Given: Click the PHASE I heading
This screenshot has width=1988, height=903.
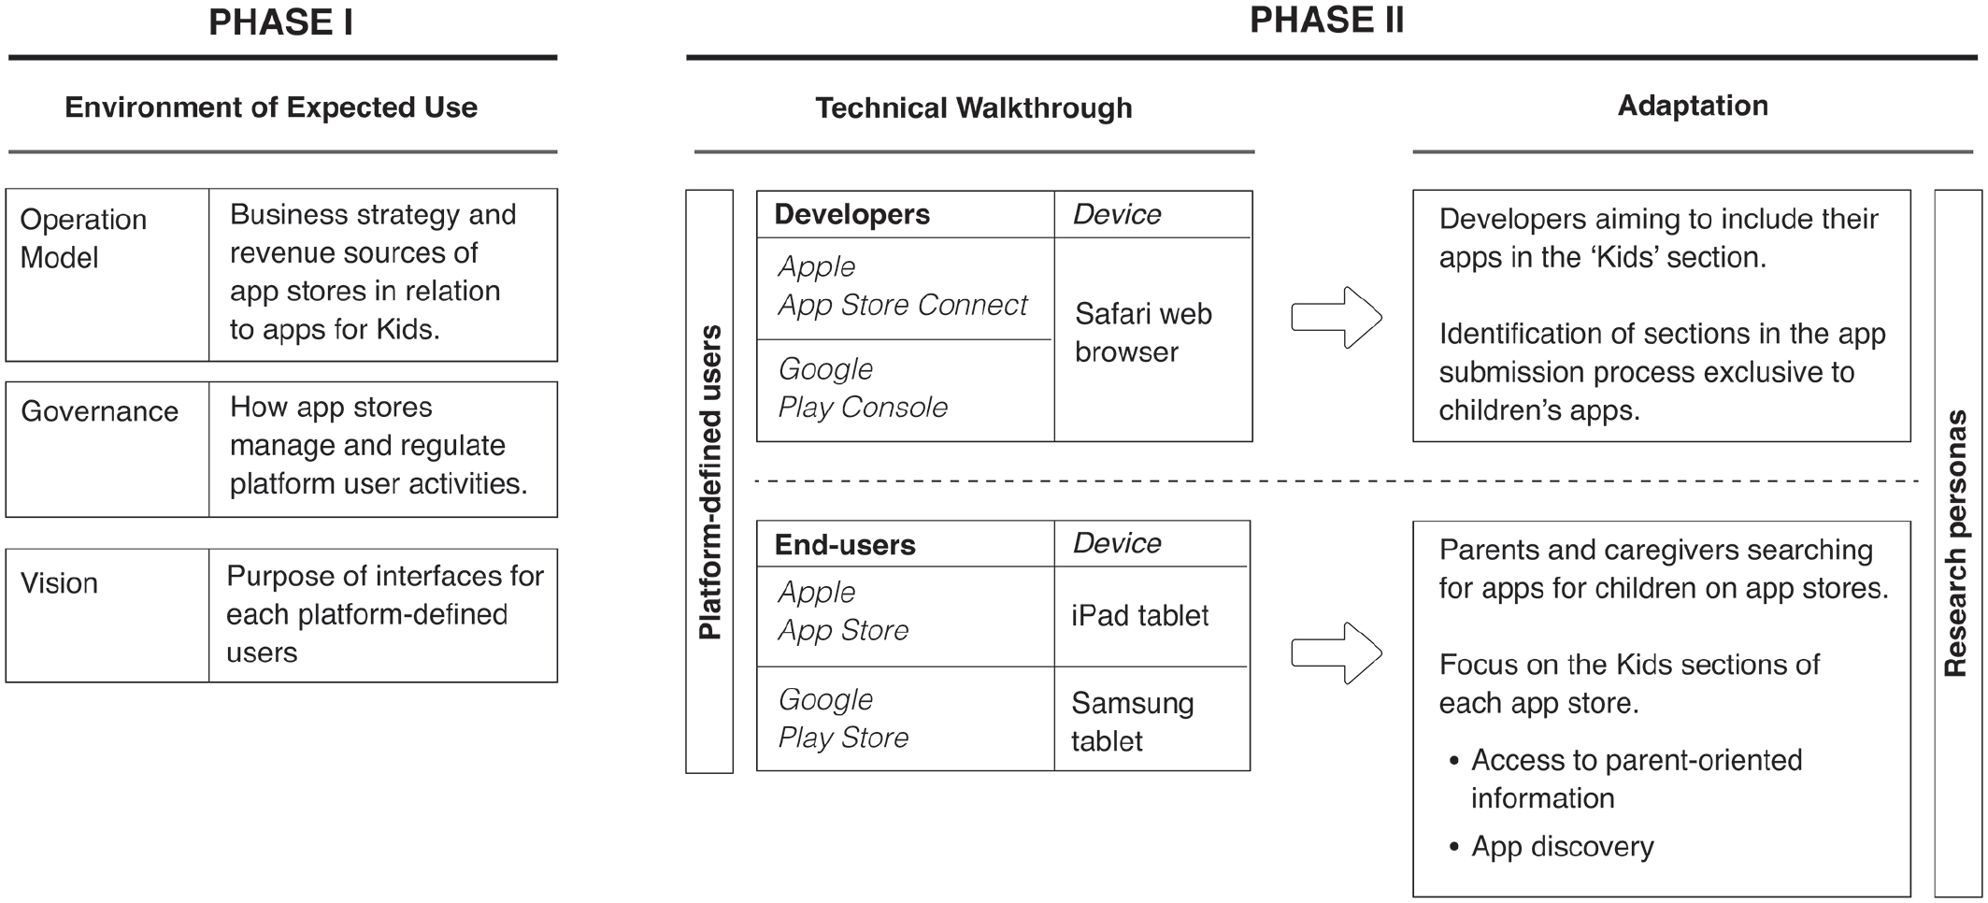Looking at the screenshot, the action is tap(280, 22).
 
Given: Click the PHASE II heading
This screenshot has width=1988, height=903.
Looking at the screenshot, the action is tap(1326, 21).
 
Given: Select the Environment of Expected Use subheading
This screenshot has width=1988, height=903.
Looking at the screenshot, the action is tap(271, 107).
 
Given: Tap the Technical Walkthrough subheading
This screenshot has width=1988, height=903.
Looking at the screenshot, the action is tap(973, 108).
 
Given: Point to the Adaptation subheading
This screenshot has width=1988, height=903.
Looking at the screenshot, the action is tap(1693, 106).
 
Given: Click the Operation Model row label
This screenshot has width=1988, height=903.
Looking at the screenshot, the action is tap(83, 238).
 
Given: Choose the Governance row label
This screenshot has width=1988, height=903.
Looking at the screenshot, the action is tap(99, 411).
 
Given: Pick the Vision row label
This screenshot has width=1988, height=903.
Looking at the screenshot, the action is tap(59, 583).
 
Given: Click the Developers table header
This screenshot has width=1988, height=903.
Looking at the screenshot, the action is tap(851, 214).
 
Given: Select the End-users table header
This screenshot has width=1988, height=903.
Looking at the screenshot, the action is tap(845, 545).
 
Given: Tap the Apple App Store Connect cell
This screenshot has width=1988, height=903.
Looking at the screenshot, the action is tap(902, 286).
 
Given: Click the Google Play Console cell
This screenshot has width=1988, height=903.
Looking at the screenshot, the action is tap(863, 388).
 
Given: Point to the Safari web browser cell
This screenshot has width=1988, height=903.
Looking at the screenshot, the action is tap(1143, 333).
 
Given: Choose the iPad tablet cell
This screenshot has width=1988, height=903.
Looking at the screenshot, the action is tap(1139, 615).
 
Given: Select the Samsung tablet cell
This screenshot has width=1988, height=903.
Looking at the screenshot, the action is tap(1132, 722).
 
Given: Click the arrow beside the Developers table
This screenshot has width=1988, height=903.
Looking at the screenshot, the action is tap(1337, 318).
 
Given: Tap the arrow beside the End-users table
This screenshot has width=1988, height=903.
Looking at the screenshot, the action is tap(1337, 652).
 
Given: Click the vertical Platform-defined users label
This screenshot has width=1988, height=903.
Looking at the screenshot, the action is tap(710, 482).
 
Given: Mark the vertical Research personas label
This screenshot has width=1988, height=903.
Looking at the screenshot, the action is tap(1955, 543).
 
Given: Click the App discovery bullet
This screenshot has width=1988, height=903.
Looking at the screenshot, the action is tap(1552, 847).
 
